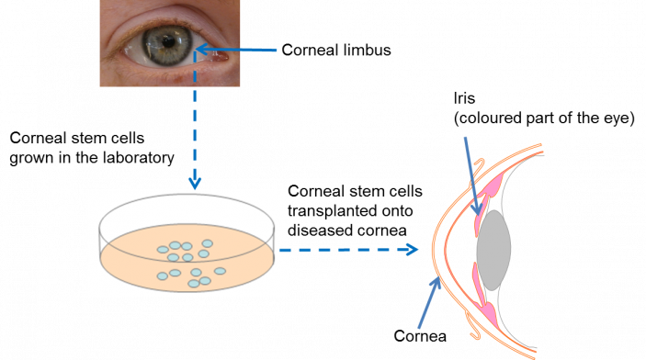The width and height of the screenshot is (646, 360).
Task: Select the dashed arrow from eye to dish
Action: pos(195,119)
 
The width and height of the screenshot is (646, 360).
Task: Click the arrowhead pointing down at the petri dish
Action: pos(195,183)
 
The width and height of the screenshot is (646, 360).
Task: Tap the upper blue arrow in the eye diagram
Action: pos(470,174)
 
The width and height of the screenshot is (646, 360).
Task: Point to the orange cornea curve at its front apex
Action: pos(435,249)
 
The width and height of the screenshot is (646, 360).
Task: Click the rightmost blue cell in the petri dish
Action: pos(220,271)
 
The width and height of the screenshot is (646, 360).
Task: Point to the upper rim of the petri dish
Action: pos(188,196)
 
